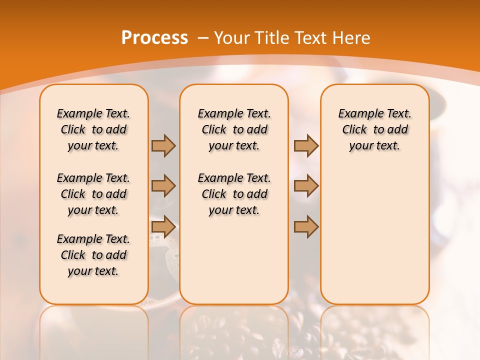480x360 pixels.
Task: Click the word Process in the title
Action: (154, 37)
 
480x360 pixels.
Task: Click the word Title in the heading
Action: (273, 38)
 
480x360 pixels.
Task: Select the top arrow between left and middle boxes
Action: (163, 146)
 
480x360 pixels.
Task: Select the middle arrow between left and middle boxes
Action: (163, 186)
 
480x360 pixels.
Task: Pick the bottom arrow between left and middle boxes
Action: (163, 227)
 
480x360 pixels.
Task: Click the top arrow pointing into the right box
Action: (306, 146)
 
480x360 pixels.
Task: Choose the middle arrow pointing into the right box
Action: (306, 186)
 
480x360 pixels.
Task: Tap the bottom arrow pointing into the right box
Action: (306, 227)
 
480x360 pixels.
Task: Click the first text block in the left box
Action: (93, 129)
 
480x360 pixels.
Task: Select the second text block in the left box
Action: (93, 194)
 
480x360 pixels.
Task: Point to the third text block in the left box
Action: (93, 255)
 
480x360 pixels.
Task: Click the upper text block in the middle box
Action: (234, 129)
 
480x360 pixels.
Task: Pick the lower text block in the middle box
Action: (234, 194)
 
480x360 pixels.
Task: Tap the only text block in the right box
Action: (374, 129)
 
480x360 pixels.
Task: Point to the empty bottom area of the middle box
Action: (234, 265)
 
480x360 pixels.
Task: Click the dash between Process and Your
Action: (202, 38)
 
